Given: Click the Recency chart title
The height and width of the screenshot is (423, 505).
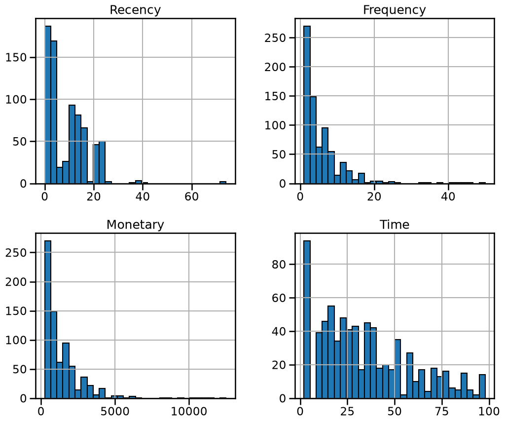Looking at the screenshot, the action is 135,10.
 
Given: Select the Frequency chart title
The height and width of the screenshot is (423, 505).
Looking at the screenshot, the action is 394,10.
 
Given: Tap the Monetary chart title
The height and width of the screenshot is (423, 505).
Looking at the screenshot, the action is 135,225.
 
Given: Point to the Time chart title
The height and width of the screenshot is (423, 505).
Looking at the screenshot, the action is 395,225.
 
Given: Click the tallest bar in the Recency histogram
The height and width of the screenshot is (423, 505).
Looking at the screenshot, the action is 48,105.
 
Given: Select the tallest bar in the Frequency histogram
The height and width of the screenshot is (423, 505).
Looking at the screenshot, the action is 307,105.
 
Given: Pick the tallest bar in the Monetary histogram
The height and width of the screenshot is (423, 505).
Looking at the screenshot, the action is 48,319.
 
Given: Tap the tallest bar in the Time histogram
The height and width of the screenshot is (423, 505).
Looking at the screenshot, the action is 307,319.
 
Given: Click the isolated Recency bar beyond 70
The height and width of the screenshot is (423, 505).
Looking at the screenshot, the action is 223,183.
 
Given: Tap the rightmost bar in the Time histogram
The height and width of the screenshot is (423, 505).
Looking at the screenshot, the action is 482,386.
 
